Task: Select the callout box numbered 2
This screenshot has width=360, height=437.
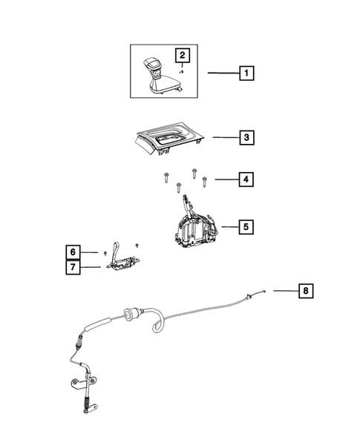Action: (181, 54)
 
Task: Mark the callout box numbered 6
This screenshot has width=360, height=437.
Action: (71, 252)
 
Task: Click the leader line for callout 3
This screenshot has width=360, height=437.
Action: (225, 137)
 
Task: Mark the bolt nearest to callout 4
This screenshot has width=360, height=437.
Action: (204, 180)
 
